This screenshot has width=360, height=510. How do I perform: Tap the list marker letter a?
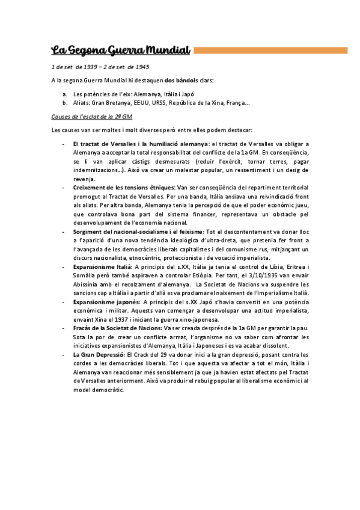(64, 94)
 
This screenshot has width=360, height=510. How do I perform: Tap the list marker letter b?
(64, 103)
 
